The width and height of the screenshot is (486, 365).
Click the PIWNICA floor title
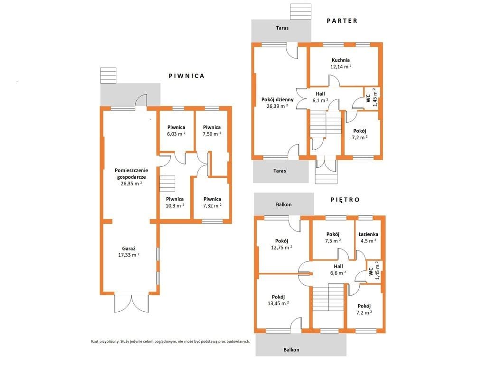(187, 76)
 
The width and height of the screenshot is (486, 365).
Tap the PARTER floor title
(342, 20)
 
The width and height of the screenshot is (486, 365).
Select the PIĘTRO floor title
(345, 200)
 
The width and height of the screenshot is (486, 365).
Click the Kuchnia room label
(341, 60)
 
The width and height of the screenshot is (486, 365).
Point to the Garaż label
(129, 248)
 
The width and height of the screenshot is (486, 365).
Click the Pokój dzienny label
(277, 100)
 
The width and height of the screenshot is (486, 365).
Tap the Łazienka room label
(368, 234)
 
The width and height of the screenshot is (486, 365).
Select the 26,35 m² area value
(131, 183)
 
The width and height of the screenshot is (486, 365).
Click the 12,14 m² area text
(341, 67)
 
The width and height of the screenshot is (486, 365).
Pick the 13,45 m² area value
(278, 303)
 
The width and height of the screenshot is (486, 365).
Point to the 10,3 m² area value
(175, 205)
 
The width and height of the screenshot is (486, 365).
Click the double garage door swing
(131, 303)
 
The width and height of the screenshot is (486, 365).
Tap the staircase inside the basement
(168, 184)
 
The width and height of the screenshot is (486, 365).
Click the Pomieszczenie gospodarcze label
(131, 173)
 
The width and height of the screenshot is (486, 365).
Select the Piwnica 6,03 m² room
(177, 130)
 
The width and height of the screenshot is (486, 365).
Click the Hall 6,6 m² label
(338, 269)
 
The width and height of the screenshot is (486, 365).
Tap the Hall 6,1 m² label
(320, 97)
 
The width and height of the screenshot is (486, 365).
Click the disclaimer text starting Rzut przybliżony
(170, 341)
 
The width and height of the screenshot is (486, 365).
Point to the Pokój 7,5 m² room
(333, 240)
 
